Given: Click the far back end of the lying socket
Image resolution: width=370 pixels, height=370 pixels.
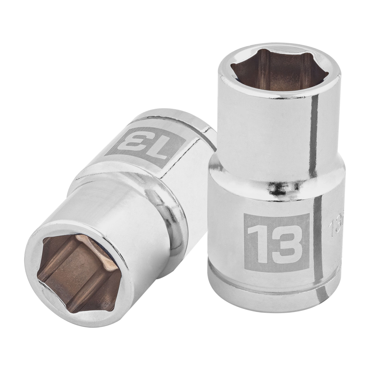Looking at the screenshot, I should [200, 122].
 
